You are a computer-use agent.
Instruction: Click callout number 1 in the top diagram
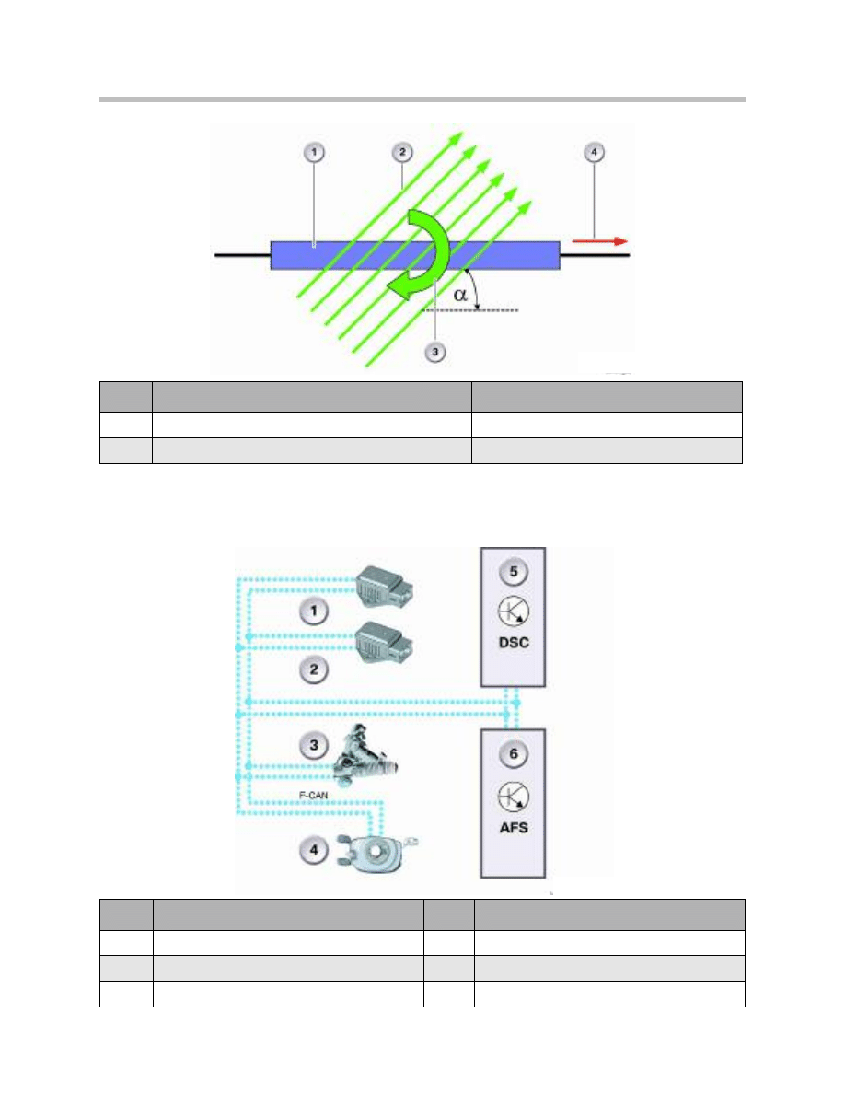[x=314, y=152]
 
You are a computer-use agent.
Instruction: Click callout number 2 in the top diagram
[x=402, y=152]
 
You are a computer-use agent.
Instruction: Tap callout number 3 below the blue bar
[x=435, y=352]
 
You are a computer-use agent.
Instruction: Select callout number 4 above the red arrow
[x=594, y=152]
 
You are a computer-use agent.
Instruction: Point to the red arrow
[x=599, y=241]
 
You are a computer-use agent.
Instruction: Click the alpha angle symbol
[x=460, y=295]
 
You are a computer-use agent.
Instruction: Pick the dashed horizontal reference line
[x=470, y=309]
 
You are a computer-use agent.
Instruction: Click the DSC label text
[x=514, y=643]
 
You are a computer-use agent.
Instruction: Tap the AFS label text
[x=514, y=828]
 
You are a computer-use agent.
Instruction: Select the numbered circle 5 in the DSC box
[x=514, y=572]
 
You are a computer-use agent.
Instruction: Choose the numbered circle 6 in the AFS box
[x=514, y=753]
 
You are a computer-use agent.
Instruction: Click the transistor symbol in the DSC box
[x=514, y=611]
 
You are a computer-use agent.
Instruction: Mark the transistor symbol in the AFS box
[x=514, y=797]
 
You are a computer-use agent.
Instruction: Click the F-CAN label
[x=313, y=796]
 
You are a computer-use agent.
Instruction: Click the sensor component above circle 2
[x=384, y=642]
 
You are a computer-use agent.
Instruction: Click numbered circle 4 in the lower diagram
[x=314, y=850]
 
